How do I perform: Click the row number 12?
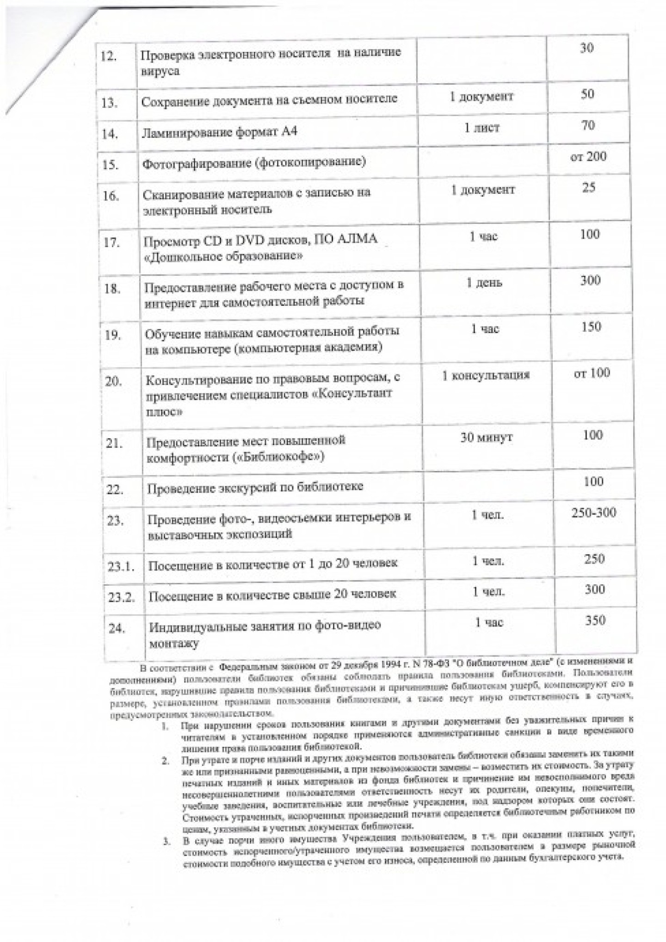109,57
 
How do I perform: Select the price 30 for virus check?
586,48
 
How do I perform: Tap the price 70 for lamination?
587,125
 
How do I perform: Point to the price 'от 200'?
588,157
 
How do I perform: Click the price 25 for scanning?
588,188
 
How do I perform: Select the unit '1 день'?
484,283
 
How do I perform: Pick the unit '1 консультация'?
486,375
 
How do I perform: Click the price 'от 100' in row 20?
592,373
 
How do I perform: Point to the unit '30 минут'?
486,437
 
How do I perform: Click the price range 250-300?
593,513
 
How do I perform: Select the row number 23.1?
121,566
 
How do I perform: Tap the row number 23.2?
121,597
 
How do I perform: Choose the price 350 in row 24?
595,620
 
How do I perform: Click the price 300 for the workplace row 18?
590,280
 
